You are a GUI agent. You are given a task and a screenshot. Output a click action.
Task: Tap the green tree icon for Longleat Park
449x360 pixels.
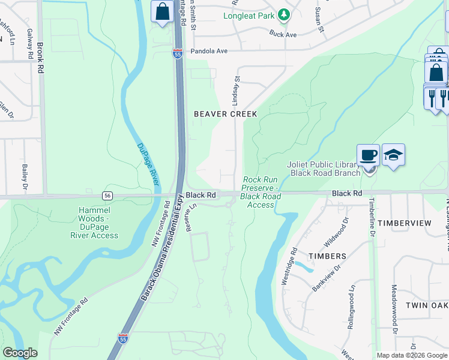[284, 16]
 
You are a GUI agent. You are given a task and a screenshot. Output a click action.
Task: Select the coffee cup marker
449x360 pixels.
[369, 155]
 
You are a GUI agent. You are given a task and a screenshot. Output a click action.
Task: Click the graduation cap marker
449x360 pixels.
[393, 155]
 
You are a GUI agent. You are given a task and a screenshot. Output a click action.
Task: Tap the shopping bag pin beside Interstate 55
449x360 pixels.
[162, 11]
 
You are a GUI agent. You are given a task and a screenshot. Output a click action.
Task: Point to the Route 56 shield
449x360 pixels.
[107, 196]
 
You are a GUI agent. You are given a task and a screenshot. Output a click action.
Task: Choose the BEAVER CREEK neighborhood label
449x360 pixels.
[225, 114]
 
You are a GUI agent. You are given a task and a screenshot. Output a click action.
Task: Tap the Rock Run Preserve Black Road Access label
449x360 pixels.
[261, 192]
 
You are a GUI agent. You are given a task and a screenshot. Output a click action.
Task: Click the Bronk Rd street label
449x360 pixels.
[41, 57]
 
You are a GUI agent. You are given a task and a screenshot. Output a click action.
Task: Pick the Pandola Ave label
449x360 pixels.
[209, 52]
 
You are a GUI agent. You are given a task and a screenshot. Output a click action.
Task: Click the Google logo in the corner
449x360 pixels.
[20, 353]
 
